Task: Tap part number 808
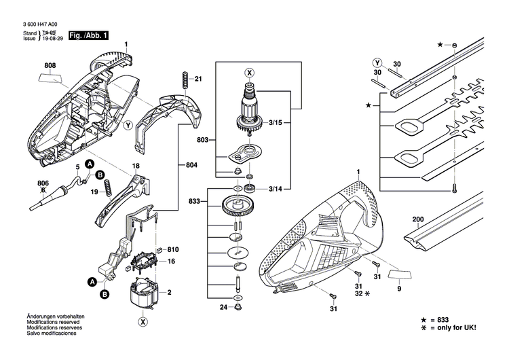tap(51, 66)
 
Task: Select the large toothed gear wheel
tap(238, 205)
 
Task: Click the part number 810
tap(172, 250)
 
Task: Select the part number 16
tap(172, 262)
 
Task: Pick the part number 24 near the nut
tap(223, 307)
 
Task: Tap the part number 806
tap(43, 183)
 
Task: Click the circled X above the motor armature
tap(250, 72)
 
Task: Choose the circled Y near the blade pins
tap(377, 62)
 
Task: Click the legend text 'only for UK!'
tap(458, 327)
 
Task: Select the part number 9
tap(399, 290)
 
